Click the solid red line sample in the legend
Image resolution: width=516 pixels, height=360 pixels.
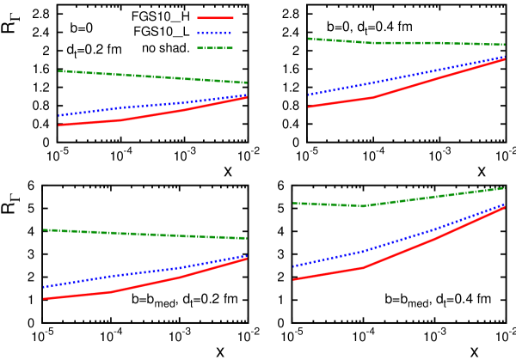[215, 18]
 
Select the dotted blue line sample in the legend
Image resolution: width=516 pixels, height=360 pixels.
[215, 34]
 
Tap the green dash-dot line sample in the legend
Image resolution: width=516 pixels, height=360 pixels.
[215, 48]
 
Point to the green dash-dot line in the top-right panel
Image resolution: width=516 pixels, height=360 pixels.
[404, 43]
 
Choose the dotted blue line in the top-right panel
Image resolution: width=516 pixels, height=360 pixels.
[404, 76]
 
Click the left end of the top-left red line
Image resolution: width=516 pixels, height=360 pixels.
[59, 125]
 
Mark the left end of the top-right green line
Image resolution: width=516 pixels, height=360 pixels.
[309, 39]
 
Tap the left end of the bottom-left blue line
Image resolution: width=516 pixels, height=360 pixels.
[44, 287]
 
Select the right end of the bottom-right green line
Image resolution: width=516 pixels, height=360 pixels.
[505, 187]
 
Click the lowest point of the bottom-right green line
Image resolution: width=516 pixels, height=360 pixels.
[364, 206]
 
